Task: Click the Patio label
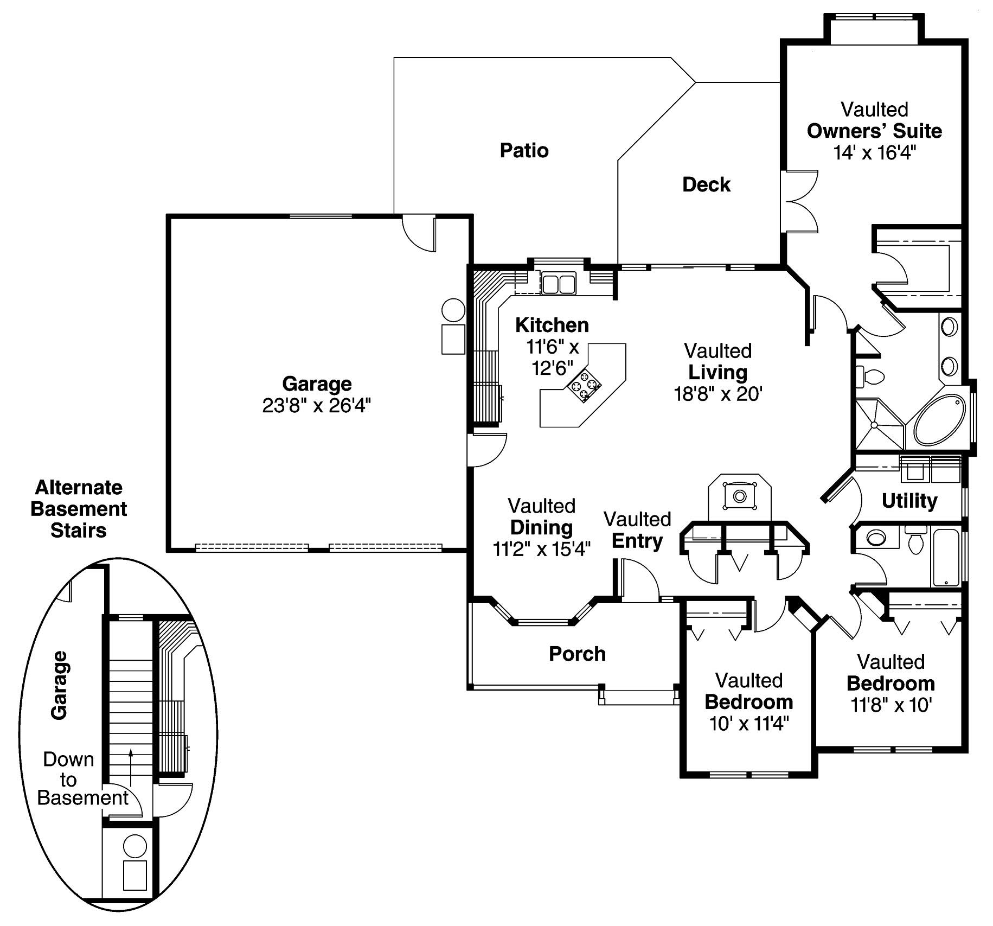(524, 150)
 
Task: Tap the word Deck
(706, 184)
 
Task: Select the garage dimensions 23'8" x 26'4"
(317, 405)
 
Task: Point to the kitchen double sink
(559, 284)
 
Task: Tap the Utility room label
(909, 500)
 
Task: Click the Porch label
(577, 654)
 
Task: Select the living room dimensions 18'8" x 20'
(718, 394)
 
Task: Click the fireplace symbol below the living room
(739, 496)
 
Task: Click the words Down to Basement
(81, 778)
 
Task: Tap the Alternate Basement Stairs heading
(79, 509)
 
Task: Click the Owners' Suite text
(874, 131)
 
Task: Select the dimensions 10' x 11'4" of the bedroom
(748, 724)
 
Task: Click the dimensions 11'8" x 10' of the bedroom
(891, 705)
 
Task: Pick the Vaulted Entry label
(637, 530)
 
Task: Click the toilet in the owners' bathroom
(870, 376)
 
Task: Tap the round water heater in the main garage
(453, 310)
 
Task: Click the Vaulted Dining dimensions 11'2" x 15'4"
(541, 549)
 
